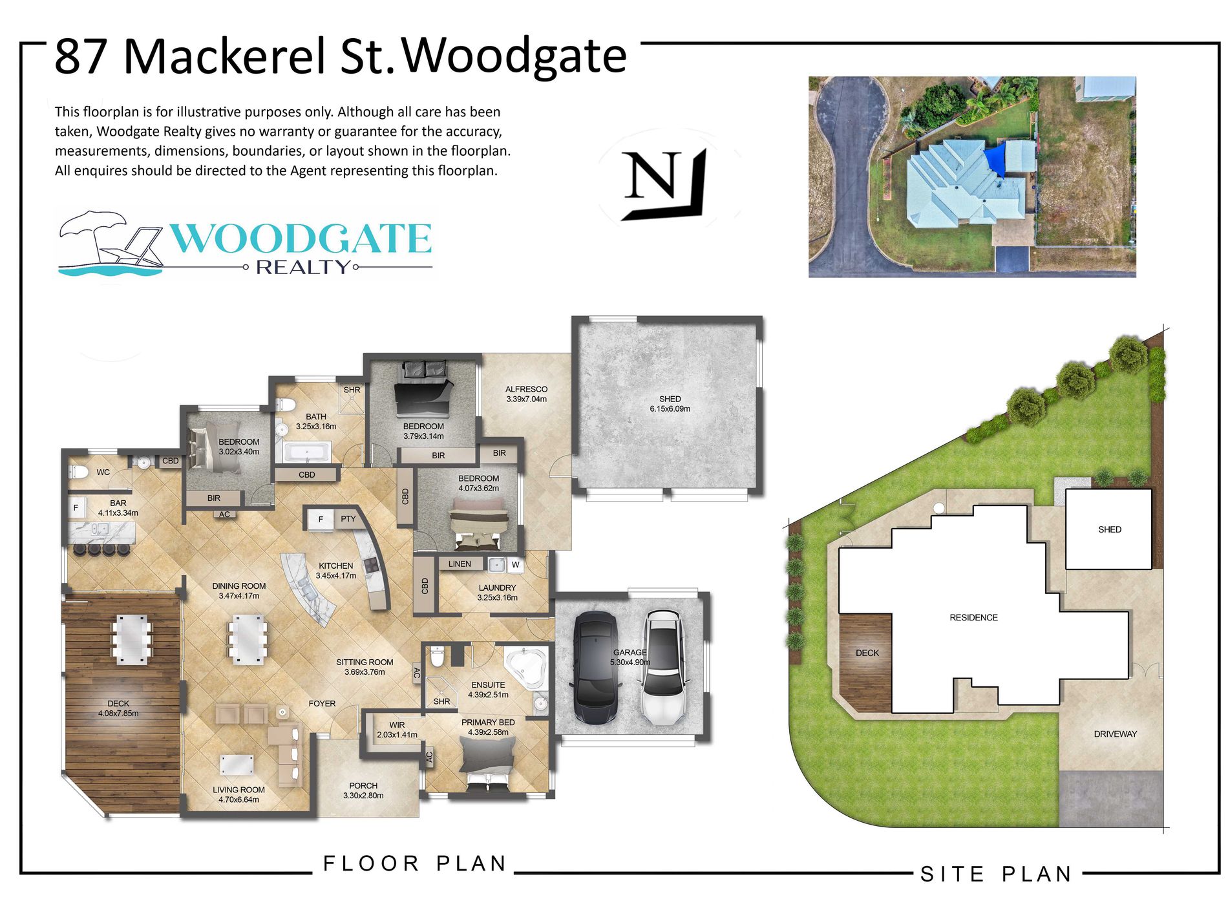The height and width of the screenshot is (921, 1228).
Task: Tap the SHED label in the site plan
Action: pos(1109,529)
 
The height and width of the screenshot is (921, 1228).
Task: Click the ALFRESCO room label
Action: pos(526,389)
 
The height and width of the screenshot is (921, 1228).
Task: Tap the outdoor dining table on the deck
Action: pos(132,639)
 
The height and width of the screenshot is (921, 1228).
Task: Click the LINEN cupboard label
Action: pos(460,564)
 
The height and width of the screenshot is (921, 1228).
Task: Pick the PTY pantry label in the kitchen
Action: pos(348,518)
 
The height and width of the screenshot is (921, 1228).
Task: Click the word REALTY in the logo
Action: pos(302,267)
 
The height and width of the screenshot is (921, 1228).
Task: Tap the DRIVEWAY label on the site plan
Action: pos(1115,734)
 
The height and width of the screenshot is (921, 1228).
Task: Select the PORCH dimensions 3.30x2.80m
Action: pos(363,796)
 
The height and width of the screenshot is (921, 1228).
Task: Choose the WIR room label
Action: pos(397,725)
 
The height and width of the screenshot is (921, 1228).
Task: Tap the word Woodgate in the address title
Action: pos(514,56)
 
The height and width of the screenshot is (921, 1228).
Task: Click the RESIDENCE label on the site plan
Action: pos(973,617)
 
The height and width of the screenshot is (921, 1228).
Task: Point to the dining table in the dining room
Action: pos(248,640)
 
